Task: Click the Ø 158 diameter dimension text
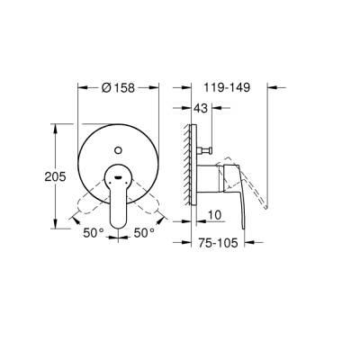point(120,88)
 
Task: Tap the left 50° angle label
point(94,231)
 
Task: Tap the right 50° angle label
point(144,231)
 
